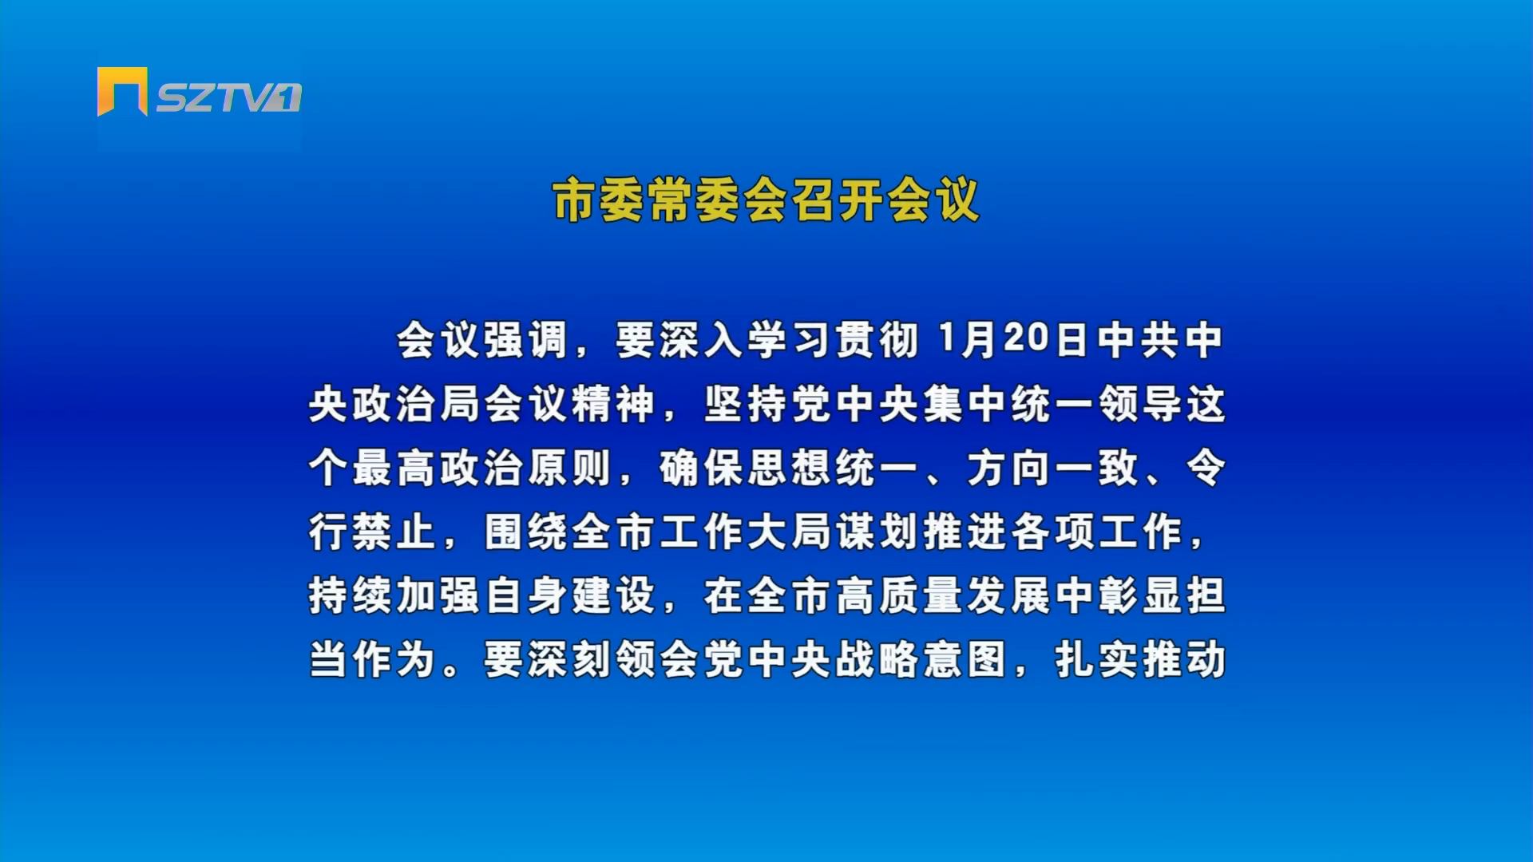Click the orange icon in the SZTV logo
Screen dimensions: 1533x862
pos(122,91)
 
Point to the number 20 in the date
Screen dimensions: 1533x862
pos(1026,338)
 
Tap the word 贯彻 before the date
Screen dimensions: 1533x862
pos(877,340)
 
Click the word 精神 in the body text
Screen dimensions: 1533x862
pos(615,404)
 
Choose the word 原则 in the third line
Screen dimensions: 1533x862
pos(571,468)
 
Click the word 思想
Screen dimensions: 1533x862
pos(790,468)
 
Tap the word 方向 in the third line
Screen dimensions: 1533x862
pos(1009,468)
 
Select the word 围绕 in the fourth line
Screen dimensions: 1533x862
pos(527,532)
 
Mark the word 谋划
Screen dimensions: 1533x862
pos(877,532)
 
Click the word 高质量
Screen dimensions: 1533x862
pos(900,595)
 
